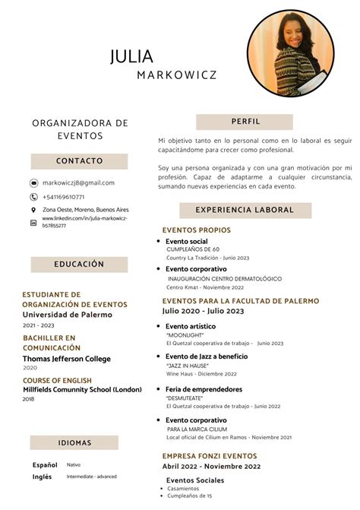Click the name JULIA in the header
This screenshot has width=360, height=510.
click(x=131, y=57)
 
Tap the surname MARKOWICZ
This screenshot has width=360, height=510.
click(x=177, y=74)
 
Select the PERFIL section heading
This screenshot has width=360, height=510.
click(x=244, y=122)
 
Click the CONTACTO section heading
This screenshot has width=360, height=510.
click(x=79, y=161)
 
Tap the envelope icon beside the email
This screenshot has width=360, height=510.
click(x=33, y=183)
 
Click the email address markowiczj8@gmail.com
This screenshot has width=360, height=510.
click(x=78, y=183)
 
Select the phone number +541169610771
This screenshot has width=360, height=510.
click(x=64, y=197)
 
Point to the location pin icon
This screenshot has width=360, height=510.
click(x=33, y=210)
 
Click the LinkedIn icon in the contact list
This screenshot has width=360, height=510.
click(x=33, y=223)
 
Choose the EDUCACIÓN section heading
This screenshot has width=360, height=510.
click(x=79, y=265)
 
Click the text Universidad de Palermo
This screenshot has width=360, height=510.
click(x=67, y=315)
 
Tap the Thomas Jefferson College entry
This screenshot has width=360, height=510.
click(x=66, y=359)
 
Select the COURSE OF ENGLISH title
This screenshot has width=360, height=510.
click(x=57, y=380)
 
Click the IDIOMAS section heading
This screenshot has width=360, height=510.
click(x=74, y=443)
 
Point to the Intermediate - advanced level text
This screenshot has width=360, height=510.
click(x=91, y=477)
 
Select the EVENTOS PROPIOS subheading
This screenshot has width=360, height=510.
click(x=196, y=230)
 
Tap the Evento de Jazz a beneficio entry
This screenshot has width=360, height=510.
click(x=207, y=356)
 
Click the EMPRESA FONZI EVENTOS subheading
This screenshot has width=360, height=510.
click(x=209, y=456)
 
